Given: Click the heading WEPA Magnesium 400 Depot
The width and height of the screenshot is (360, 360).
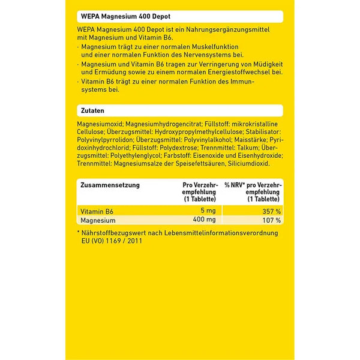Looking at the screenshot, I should [118, 16].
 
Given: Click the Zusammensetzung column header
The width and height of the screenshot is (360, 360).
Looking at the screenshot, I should [110, 185].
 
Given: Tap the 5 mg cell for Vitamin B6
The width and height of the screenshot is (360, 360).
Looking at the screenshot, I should [207, 211].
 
